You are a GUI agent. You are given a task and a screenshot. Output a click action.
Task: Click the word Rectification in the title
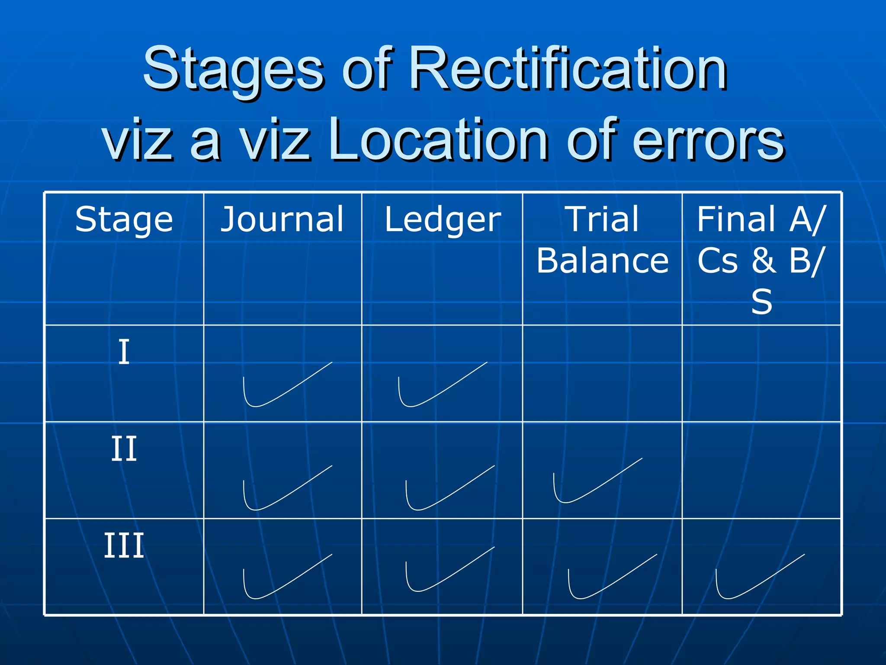point(568,69)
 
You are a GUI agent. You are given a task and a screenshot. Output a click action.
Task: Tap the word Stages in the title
point(234,69)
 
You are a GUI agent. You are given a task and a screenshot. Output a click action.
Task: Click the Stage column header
point(124,219)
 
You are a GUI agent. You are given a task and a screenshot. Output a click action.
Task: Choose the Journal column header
point(282,219)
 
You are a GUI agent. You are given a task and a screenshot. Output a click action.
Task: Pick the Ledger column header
point(443,219)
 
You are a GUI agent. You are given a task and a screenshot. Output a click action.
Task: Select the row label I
point(124,352)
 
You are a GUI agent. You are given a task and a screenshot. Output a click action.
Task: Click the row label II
point(124,449)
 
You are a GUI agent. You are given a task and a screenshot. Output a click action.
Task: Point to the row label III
point(124,546)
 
